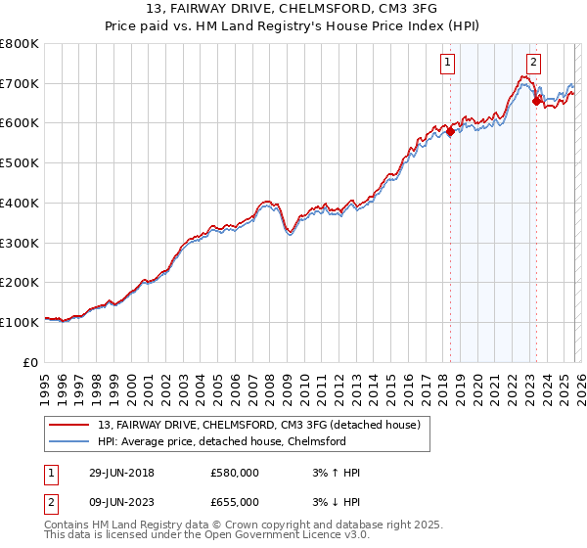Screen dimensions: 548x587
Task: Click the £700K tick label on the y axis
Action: [x=20, y=84]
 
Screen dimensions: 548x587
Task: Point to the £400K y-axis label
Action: [x=20, y=204]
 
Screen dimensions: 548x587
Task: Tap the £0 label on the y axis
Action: [x=31, y=362]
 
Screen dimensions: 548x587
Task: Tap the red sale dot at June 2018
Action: [x=450, y=132]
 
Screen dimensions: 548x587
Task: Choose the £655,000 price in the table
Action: [x=235, y=501]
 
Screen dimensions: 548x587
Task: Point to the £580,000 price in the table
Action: [x=235, y=473]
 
